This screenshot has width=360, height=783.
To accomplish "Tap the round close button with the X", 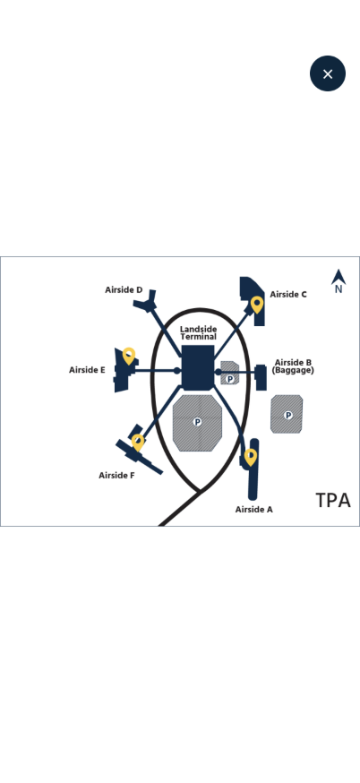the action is tap(328, 73).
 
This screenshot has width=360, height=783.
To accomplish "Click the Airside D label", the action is tap(124, 289).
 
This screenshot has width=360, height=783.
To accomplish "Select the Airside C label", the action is tap(288, 294).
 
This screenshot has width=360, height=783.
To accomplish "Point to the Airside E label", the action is tap(87, 370).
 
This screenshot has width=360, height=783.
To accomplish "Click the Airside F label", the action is tap(116, 476).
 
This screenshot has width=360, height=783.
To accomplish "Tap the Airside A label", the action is tap(254, 510).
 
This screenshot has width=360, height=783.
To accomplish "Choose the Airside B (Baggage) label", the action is tap(293, 366).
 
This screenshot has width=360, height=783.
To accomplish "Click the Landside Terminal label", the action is tap(198, 332).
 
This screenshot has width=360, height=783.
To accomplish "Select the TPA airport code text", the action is tap(333, 501).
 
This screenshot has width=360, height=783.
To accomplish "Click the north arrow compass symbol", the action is tap(339, 281).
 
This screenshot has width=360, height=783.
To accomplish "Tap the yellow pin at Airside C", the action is tap(257, 305).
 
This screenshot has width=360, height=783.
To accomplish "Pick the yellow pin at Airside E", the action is tap(129, 356).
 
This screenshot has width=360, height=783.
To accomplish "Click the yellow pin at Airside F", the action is tap(138, 443).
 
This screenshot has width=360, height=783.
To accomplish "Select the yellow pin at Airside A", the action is tap(251, 458).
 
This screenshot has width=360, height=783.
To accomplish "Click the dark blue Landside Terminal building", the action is tap(198, 367).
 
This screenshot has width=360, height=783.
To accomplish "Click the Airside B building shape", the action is tap(261, 377).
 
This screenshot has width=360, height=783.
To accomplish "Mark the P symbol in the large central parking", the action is tap(197, 423).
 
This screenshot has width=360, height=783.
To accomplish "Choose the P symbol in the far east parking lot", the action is tap(288, 415).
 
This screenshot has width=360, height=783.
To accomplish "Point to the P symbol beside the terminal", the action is tap(230, 380).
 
